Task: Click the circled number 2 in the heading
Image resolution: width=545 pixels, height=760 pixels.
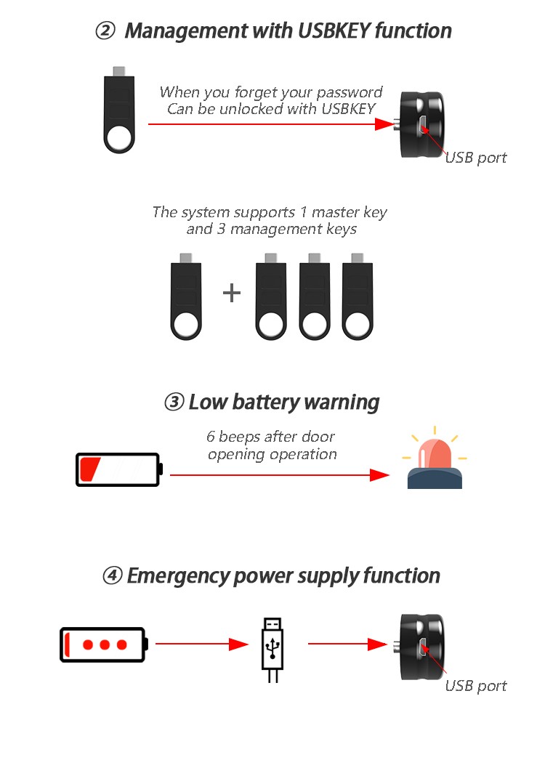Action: tap(105, 31)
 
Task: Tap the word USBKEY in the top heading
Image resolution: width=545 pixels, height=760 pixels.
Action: tap(334, 31)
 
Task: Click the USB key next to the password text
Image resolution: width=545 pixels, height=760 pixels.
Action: tap(118, 110)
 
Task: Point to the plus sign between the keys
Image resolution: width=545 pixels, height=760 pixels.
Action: tap(232, 293)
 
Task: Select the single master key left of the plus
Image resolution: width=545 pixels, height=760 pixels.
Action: tap(186, 296)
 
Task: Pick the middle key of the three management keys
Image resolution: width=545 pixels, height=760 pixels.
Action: tap(314, 296)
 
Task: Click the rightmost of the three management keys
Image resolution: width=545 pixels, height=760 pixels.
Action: tap(358, 296)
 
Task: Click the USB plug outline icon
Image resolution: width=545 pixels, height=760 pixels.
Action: tap(272, 650)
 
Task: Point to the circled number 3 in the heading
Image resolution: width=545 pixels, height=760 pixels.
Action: tap(174, 402)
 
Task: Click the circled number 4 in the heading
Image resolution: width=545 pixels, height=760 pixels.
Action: tap(112, 576)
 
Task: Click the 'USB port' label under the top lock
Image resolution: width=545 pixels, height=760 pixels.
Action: tap(476, 158)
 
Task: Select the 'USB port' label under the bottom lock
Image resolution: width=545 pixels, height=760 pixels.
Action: tap(476, 687)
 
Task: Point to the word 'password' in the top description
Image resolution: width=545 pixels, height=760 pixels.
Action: tap(349, 92)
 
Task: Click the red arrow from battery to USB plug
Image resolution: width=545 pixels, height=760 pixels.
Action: tap(202, 644)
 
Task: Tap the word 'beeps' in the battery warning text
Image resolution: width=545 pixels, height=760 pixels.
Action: tap(240, 437)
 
